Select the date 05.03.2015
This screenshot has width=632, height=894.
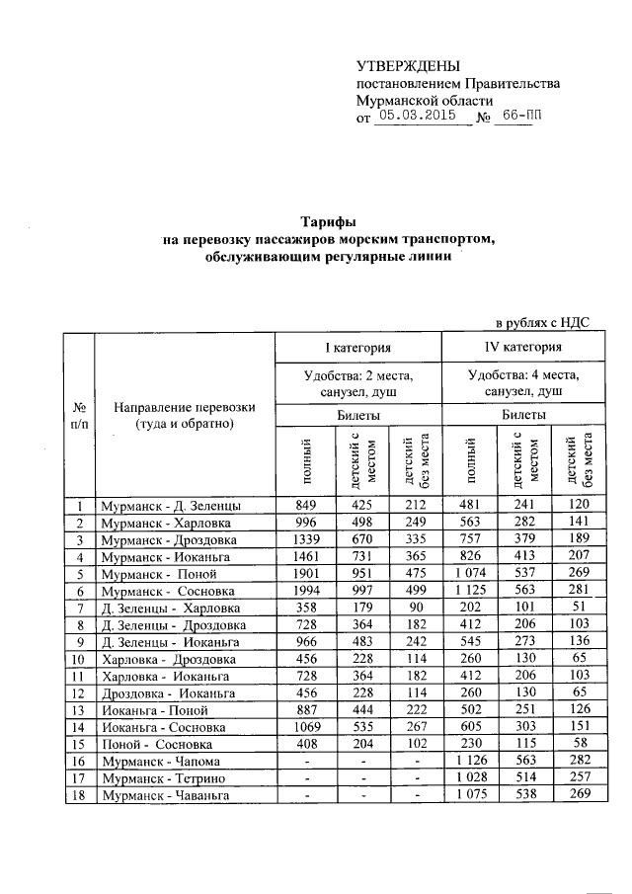415,116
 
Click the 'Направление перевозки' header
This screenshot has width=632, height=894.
184,416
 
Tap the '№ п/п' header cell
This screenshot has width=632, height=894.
79,416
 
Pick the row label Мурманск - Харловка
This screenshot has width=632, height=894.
166,523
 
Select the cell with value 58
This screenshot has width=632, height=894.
580,743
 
